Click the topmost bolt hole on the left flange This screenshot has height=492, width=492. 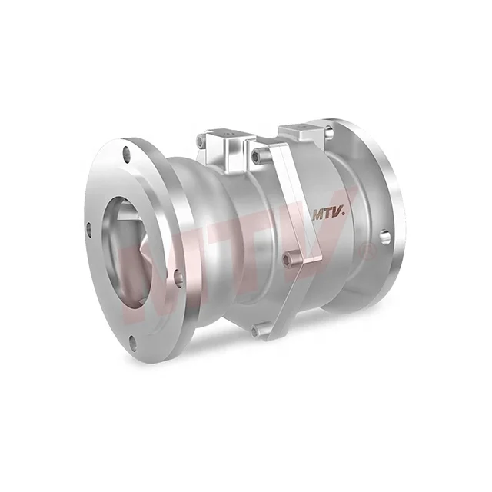coord(127,155)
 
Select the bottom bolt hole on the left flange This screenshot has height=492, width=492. coord(133,342)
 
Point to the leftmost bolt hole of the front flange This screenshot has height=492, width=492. coord(90,229)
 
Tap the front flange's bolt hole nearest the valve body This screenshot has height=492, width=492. coord(178,278)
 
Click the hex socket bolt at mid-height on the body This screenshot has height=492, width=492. coord(289,260)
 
